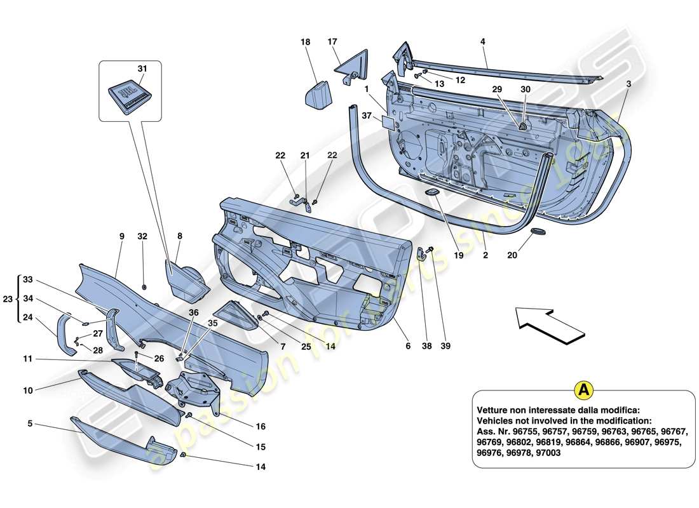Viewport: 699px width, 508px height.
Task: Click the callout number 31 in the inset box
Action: click(141, 69)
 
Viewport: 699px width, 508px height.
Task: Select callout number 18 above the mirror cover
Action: click(306, 42)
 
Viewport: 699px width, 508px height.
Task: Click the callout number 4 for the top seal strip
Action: click(484, 42)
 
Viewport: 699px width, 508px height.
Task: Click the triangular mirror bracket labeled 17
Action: click(346, 65)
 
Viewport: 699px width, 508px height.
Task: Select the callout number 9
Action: click(121, 236)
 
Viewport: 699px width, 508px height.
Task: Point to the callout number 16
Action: click(261, 427)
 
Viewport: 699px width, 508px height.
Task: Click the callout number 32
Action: click(142, 236)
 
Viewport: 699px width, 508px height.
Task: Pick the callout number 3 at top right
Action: click(628, 83)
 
